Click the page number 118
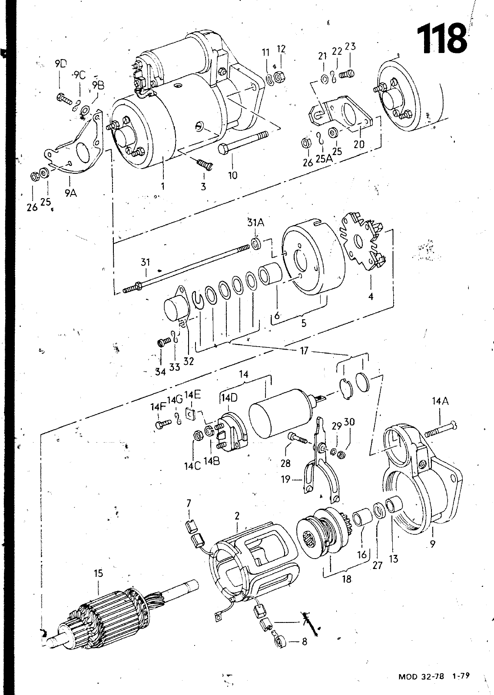coord(441,40)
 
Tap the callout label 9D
coord(61,64)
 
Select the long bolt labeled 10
coord(243,143)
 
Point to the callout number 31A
coord(255,223)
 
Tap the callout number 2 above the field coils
coord(237,516)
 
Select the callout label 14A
coord(440,401)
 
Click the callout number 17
coord(304,351)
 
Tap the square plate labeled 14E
coord(190,414)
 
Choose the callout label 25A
coord(324,159)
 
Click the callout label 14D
coord(229,398)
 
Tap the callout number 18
coord(347,579)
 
